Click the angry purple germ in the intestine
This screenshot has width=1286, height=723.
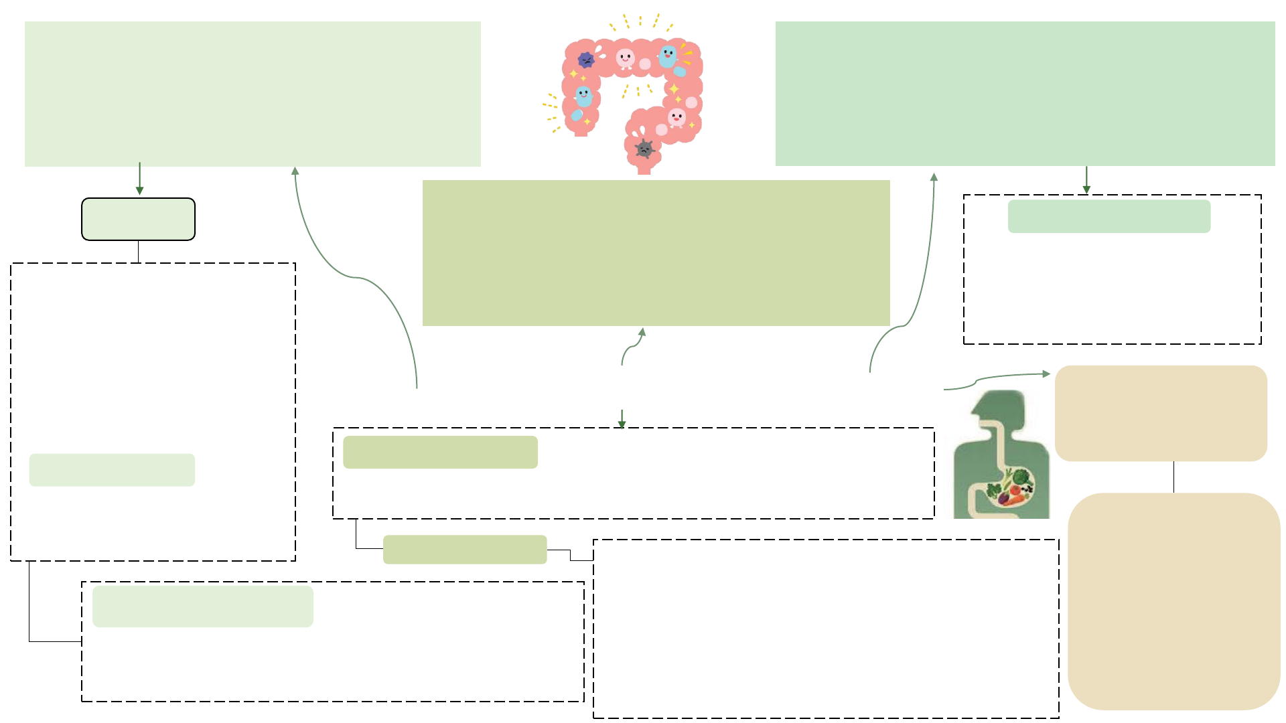pos(586,60)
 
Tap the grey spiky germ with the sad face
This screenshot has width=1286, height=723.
pos(644,149)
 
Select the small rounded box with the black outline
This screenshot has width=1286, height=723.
pos(138,219)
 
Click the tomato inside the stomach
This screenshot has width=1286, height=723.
pos(1015,490)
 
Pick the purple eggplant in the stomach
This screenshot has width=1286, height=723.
pos(1004,499)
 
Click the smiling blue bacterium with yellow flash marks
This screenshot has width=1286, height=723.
pos(668,56)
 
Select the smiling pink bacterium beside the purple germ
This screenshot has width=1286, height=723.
pos(625,59)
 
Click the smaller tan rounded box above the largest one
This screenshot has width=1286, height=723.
pos(1161,413)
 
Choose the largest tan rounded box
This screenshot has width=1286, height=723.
pos(1173,601)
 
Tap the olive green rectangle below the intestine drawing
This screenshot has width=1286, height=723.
pos(656,253)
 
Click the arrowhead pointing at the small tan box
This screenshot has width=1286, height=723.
pos(1046,374)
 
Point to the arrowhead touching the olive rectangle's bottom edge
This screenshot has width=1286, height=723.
pos(642,331)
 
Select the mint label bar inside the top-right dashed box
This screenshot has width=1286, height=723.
pos(1109,216)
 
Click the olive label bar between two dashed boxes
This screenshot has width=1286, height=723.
pos(465,550)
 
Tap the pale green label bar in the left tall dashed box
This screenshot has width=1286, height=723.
pos(112,470)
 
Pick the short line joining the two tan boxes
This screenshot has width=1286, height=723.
pos(1173,477)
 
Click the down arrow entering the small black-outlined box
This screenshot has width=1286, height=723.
pos(139,190)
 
